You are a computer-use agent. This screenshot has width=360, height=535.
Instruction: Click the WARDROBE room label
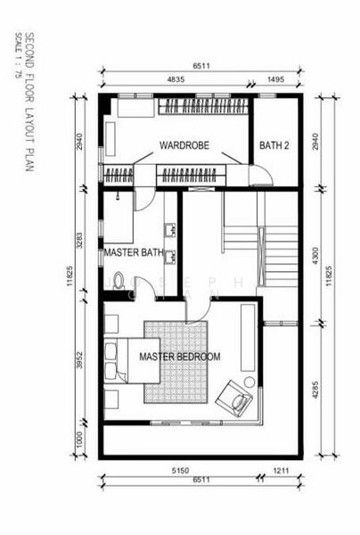(x=184, y=145)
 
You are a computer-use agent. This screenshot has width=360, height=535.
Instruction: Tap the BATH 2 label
(x=274, y=145)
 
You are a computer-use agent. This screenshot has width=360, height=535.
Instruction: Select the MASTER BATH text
(x=134, y=253)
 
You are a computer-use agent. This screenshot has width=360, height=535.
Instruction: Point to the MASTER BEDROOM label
(x=179, y=357)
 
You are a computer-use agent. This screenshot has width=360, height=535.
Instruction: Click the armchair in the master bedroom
(x=234, y=398)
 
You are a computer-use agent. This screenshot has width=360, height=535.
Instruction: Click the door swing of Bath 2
(x=261, y=175)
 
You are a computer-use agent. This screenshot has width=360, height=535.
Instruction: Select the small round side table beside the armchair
(x=250, y=382)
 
